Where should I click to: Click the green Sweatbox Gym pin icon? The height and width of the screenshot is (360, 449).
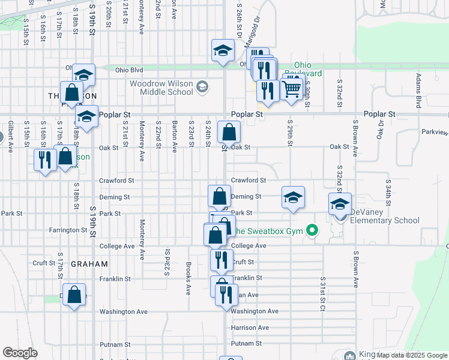click(x=311, y=230)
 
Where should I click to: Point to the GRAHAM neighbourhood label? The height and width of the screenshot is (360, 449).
click(x=89, y=263)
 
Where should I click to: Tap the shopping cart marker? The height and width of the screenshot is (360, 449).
click(x=292, y=89)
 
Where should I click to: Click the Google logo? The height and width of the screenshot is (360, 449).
click(x=20, y=353)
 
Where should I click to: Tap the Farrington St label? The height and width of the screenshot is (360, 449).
click(x=69, y=230)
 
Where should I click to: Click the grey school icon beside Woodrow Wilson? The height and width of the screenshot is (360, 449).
click(x=202, y=88)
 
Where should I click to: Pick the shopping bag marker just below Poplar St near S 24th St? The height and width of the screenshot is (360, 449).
click(x=229, y=131)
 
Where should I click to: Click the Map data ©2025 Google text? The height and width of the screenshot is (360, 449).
click(x=412, y=355)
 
